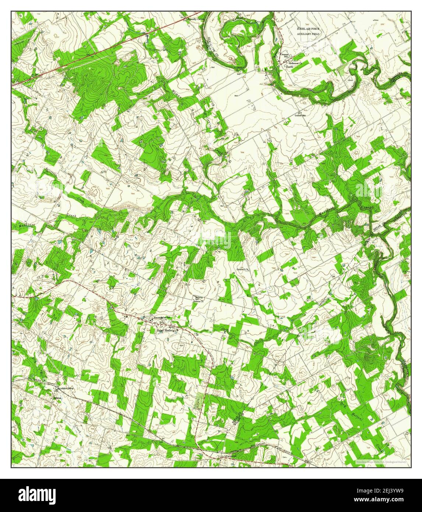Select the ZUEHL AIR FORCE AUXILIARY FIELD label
click(x=309, y=31)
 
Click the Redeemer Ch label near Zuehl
click(x=296, y=63)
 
